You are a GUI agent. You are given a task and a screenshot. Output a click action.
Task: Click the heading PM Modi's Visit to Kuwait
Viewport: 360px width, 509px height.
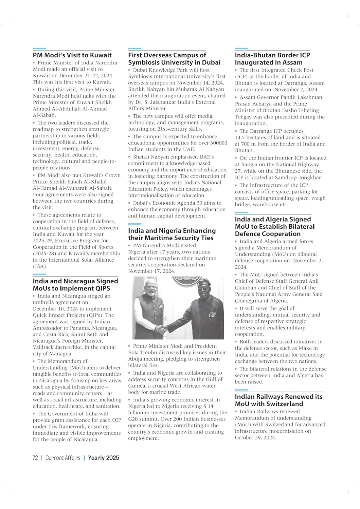click(72, 55)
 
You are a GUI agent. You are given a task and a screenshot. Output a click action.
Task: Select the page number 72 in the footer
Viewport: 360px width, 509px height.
click(35, 458)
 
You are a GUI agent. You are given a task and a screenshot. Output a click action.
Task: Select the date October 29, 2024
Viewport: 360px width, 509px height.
click(255, 437)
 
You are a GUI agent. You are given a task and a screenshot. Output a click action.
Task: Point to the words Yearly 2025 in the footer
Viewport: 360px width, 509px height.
click(104, 458)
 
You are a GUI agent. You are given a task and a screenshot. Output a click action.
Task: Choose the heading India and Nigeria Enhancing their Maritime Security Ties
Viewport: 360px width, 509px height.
click(172, 234)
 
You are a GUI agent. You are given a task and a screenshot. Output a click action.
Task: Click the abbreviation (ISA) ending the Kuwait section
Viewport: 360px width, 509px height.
click(40, 266)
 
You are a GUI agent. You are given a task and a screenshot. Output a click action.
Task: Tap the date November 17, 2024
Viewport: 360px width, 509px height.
click(151, 271)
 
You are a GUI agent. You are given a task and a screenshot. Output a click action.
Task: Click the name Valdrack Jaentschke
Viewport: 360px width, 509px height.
click(57, 347)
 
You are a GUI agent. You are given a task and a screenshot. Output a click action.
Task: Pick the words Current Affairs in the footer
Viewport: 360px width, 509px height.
click(63, 458)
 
